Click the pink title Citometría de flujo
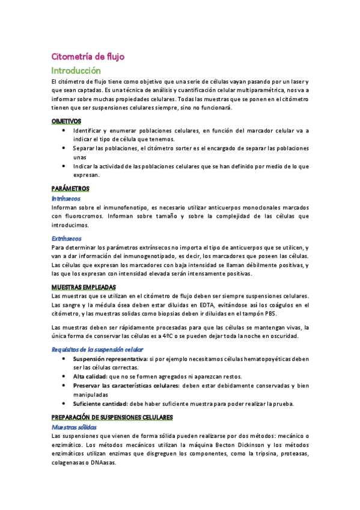[x=88, y=57]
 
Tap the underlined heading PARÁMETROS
[x=70, y=188]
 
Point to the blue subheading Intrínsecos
[x=66, y=198]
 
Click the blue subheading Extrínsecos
[x=67, y=238]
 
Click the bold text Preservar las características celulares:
[x=126, y=386]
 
